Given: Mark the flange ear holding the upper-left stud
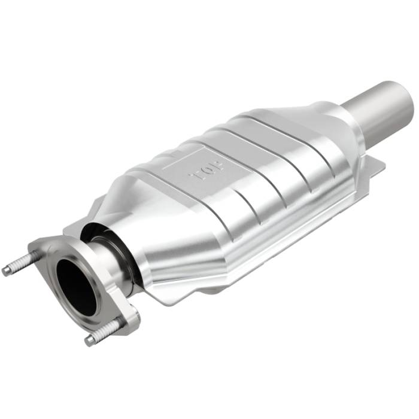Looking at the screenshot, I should pyautogui.click(x=42, y=250).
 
